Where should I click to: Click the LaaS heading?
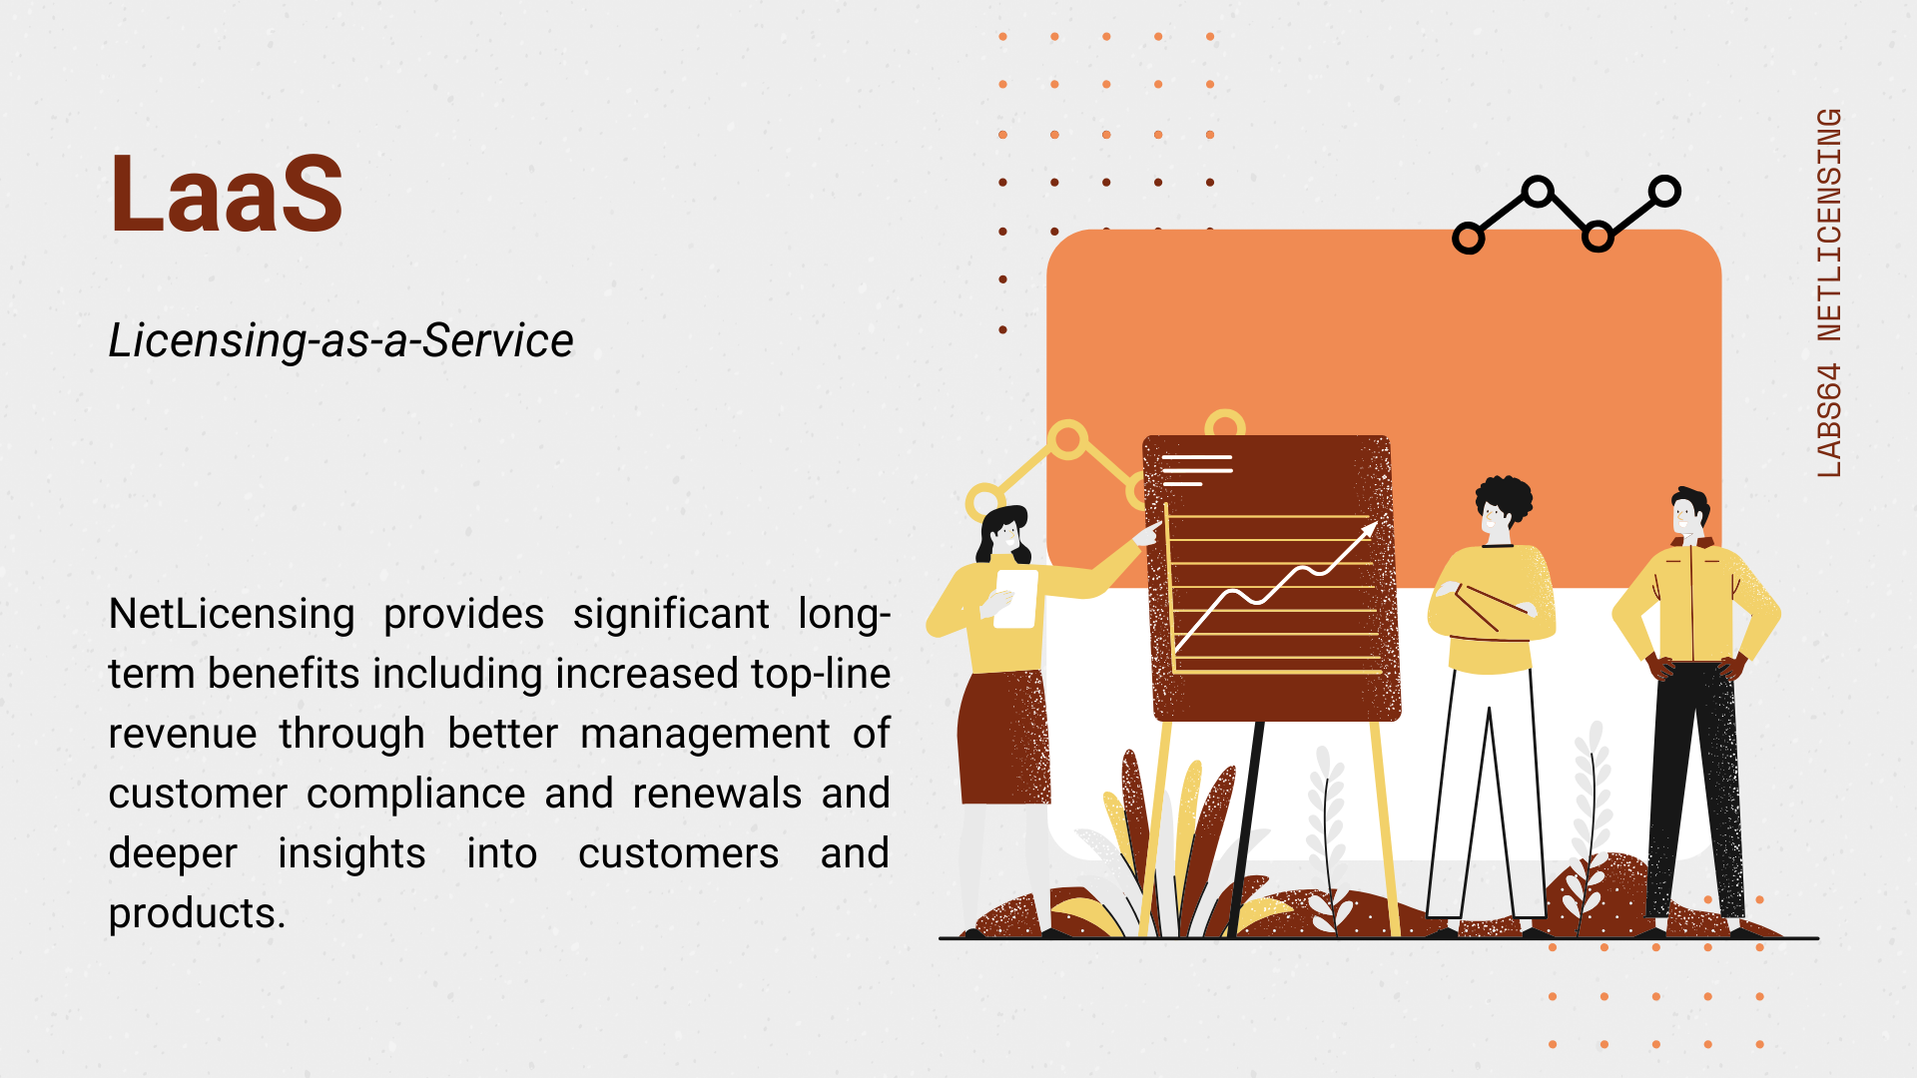[x=227, y=194]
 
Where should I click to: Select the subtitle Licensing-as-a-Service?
[x=341, y=340]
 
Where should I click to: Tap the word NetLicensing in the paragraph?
[x=232, y=614]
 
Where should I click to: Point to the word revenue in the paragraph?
[x=183, y=735]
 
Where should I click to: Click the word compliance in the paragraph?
[x=415, y=795]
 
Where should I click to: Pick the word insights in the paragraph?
[x=351, y=854]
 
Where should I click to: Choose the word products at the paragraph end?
[x=197, y=914]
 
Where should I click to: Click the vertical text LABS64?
[x=1829, y=420]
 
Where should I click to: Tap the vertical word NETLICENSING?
[x=1829, y=225]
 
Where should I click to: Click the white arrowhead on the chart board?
[x=1368, y=531]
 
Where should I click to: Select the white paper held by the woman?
[x=1016, y=598]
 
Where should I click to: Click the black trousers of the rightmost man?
[x=1694, y=789]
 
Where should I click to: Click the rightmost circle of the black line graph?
[x=1665, y=191]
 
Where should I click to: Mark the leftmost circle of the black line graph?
[x=1468, y=238]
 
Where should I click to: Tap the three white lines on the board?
[x=1197, y=470]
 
